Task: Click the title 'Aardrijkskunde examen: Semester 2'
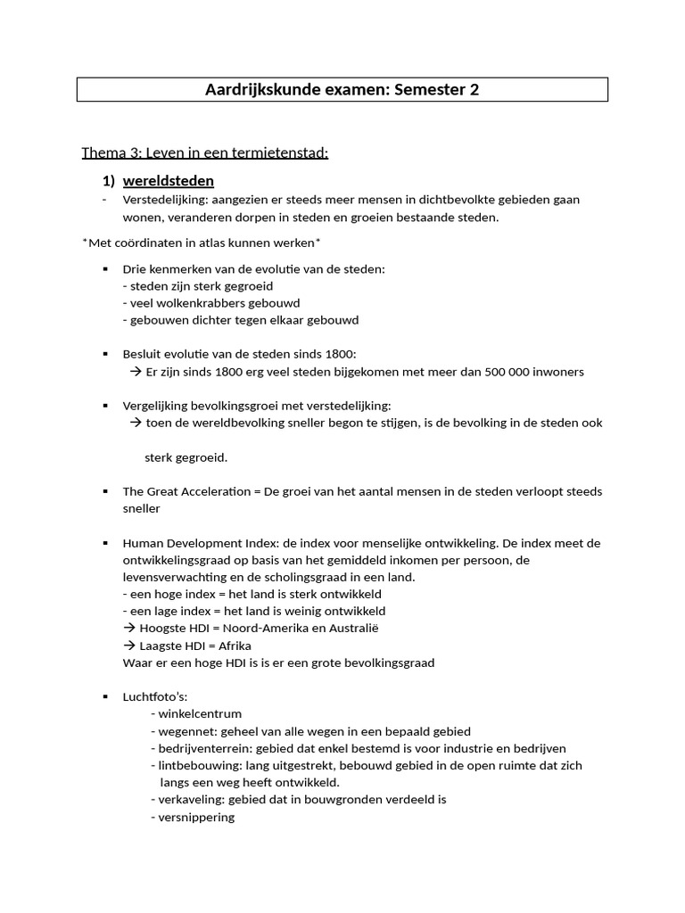tap(342, 90)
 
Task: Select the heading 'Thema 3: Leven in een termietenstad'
tap(205, 152)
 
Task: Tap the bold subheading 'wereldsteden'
tap(169, 181)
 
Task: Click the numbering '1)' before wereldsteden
tap(109, 181)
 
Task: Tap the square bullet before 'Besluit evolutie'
tap(105, 355)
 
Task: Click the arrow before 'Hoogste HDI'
tap(129, 629)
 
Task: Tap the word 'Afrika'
tap(235, 646)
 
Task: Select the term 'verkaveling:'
tap(192, 800)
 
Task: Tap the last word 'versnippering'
tap(196, 817)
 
